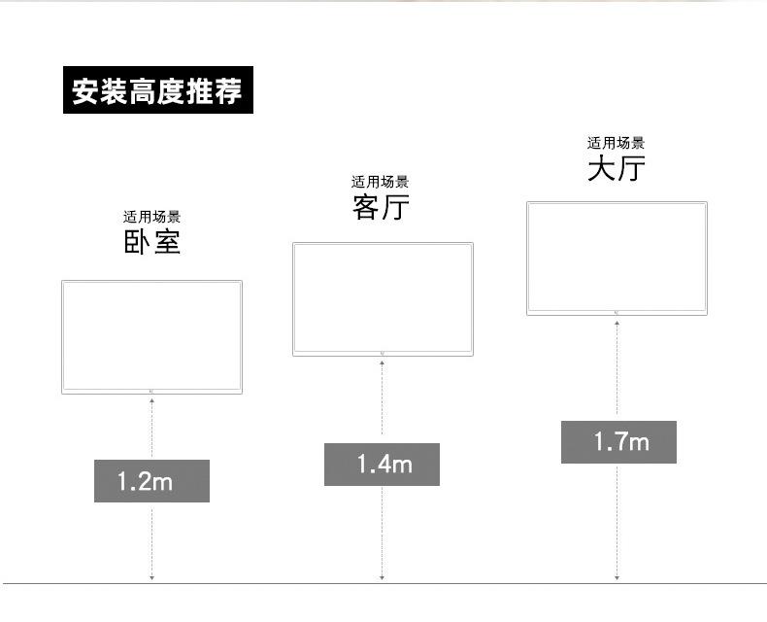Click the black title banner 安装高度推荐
pos(157,90)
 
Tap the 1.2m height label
pos(151,480)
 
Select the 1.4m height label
pos(382,465)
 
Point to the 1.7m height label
pos(618,442)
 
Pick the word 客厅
pos(381,207)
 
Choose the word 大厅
pos(617,169)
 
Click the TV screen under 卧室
pos(151,334)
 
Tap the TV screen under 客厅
pos(383,296)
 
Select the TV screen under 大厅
pos(617,256)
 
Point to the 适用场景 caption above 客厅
pos(381,182)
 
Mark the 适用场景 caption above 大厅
pos(617,143)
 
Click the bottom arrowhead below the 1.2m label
pos(151,578)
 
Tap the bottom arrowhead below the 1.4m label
pos(382,578)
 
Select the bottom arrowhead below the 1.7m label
pos(617,578)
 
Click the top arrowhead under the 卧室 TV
pos(151,400)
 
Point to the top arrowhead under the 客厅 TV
pos(382,363)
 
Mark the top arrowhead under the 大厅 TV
pos(617,322)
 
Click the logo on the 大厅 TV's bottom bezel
pos(617,312)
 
